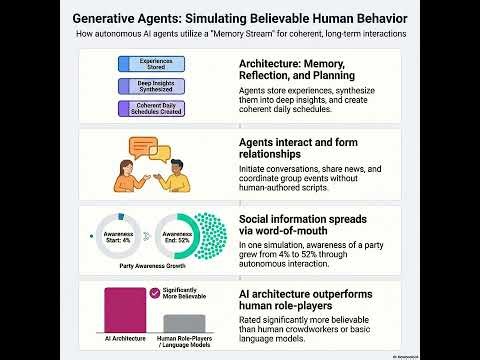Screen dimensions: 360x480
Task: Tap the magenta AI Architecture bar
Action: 125,312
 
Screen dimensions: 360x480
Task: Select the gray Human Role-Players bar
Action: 183,324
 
